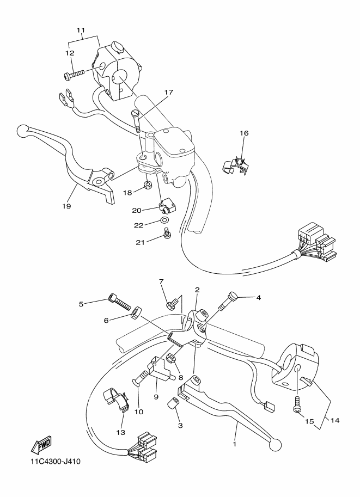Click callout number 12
(x=69, y=53)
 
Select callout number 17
(x=153, y=93)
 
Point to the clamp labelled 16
(x=236, y=163)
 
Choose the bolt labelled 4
(x=230, y=298)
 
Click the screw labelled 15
(x=297, y=407)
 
